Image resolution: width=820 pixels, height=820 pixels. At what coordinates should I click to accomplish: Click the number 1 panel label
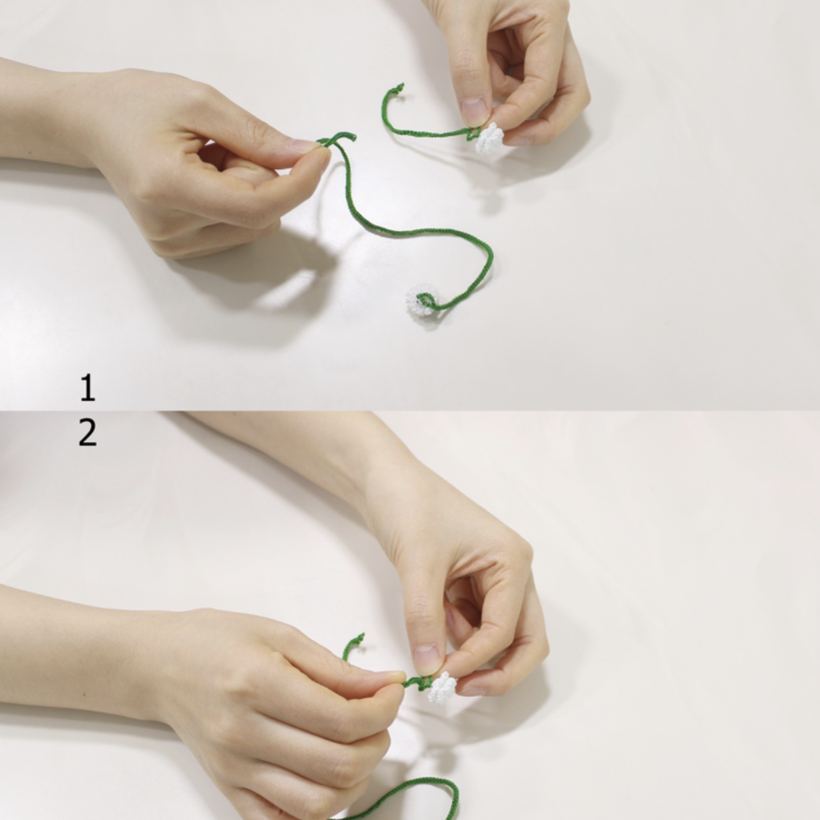[88, 387]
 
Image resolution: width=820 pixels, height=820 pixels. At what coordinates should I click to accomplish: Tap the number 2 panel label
[88, 433]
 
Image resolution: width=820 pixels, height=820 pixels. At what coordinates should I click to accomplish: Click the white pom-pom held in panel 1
[489, 139]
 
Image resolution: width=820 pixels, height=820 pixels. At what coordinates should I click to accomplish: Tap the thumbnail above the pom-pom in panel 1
[474, 110]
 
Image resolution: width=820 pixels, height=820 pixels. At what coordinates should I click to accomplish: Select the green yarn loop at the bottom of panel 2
[409, 796]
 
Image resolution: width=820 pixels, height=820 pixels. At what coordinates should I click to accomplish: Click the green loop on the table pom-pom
[428, 302]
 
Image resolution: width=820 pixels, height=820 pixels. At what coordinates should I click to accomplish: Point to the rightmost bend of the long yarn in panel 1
[491, 258]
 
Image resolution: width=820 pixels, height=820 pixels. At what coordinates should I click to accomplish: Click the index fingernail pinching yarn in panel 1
[304, 144]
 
